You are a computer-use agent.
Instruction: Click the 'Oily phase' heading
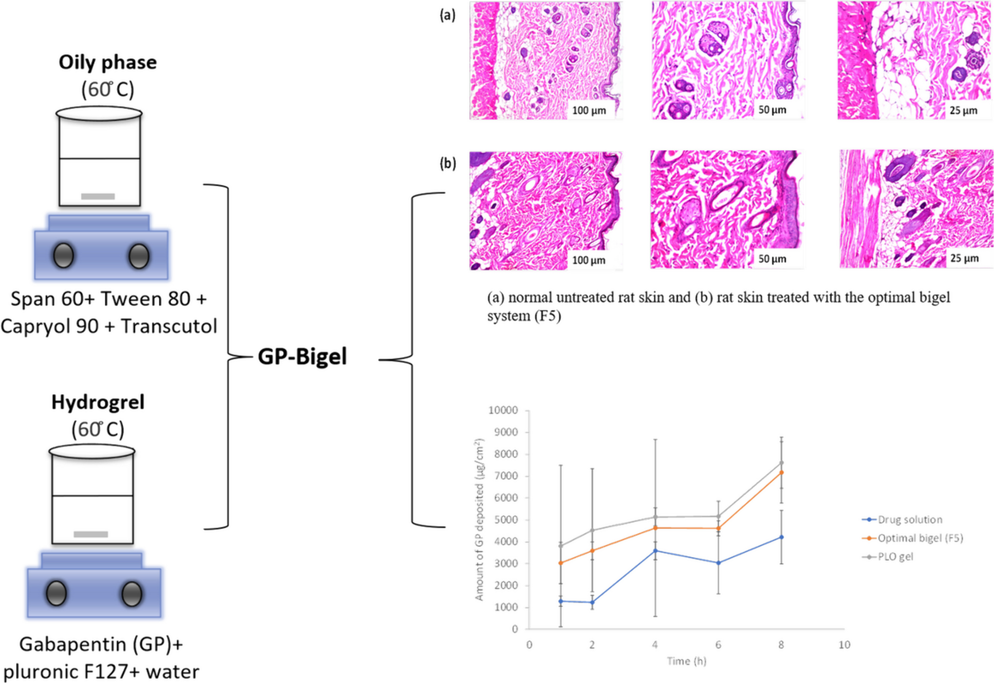[108, 63]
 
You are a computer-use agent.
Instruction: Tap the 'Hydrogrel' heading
[98, 402]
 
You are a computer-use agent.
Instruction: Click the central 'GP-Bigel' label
[302, 357]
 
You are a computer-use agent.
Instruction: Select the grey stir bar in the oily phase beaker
[98, 196]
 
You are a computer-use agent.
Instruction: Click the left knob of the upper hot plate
[64, 256]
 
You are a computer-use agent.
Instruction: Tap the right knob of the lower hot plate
[132, 594]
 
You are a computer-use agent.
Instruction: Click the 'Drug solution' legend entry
[909, 519]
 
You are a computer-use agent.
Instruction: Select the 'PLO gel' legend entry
[895, 556]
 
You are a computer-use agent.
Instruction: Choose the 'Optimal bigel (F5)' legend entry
[920, 538]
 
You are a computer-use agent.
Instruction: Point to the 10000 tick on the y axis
[503, 410]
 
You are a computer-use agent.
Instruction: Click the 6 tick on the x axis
[718, 645]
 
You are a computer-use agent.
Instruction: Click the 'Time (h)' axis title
[687, 661]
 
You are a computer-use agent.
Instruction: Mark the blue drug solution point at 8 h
[781, 537]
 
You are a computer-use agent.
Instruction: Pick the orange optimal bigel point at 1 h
[561, 563]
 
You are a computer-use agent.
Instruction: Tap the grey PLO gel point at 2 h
[592, 530]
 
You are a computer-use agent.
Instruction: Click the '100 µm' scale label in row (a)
[588, 110]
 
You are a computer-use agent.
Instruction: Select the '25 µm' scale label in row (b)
[964, 258]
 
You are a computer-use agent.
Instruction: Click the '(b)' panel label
[447, 163]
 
